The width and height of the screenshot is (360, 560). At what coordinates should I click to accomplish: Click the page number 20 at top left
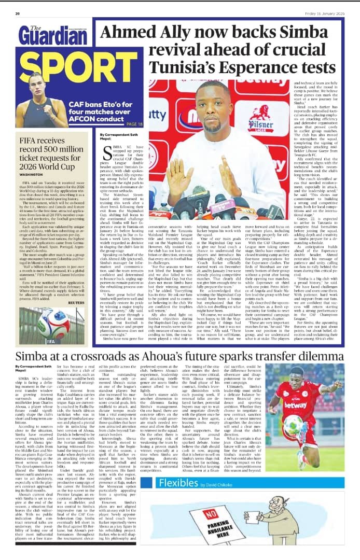pyautogui.click(x=17, y=13)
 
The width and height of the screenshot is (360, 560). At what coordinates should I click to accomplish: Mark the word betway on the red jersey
pyautogui.click(x=296, y=405)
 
